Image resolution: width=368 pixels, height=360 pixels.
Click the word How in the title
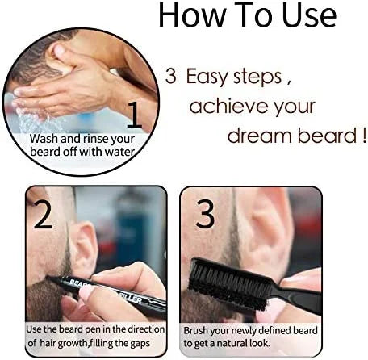tap(192, 15)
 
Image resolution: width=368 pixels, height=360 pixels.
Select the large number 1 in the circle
tap(135, 115)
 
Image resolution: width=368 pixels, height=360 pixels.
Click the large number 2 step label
tap(44, 215)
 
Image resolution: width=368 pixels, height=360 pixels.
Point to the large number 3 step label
tap(205, 214)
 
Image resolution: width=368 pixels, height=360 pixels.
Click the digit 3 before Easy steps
tap(171, 76)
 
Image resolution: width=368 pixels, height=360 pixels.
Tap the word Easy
tap(207, 77)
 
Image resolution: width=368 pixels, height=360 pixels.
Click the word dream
tap(260, 136)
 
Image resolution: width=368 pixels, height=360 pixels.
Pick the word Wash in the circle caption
tap(44, 139)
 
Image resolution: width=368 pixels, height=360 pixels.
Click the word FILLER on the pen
tap(132, 298)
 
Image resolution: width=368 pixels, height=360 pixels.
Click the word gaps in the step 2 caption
tap(140, 344)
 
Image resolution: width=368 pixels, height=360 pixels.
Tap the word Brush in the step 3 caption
tap(196, 330)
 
